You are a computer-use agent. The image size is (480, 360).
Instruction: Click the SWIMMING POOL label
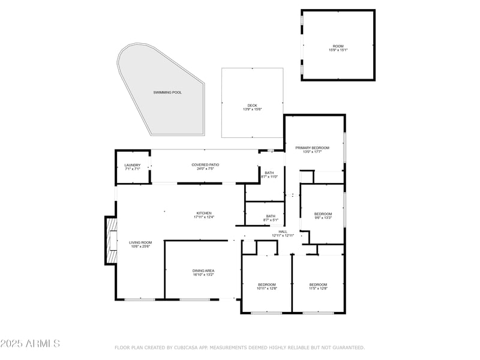coord(167,92)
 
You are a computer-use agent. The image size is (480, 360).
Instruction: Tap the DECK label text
coord(252,106)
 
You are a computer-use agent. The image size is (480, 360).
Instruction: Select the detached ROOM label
coord(338,46)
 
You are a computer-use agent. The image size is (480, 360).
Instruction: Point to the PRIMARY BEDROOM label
coord(312,148)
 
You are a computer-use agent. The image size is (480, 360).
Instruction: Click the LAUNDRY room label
coord(132,165)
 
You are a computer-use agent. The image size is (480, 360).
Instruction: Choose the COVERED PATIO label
coord(205,165)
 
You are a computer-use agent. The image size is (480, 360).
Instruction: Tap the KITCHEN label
coord(204,213)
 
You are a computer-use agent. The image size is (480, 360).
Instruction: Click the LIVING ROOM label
coord(140,242)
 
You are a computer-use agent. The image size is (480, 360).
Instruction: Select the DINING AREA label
coord(203,271)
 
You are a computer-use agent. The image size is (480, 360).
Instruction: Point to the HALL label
coord(283,231)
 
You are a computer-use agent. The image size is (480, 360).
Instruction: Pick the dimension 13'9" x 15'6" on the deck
coord(252,110)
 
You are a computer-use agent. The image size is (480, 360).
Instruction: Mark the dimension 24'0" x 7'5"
coord(205,169)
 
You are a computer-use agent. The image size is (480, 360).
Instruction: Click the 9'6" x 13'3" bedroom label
coord(323,218)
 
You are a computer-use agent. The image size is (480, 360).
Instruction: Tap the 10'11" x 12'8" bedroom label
coord(267,289)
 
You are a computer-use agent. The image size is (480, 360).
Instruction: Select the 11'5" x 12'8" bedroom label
coord(318,289)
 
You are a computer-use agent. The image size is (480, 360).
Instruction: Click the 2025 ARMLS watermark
coord(30,344)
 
